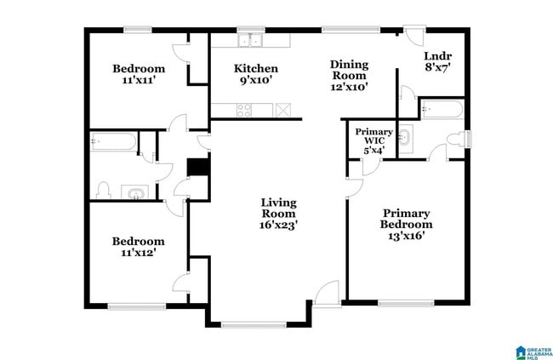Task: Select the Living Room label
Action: pyautogui.click(x=278, y=203)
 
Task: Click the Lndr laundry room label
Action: pyautogui.click(x=436, y=57)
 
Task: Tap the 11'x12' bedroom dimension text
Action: pyautogui.click(x=138, y=253)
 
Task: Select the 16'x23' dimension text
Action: pyautogui.click(x=278, y=226)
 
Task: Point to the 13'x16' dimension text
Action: pyautogui.click(x=406, y=236)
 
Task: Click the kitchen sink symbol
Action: pyautogui.click(x=250, y=40)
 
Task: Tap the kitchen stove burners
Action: pyautogui.click(x=243, y=109)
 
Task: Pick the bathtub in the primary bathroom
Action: pyautogui.click(x=442, y=109)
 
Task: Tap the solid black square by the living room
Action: pyautogui.click(x=198, y=167)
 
